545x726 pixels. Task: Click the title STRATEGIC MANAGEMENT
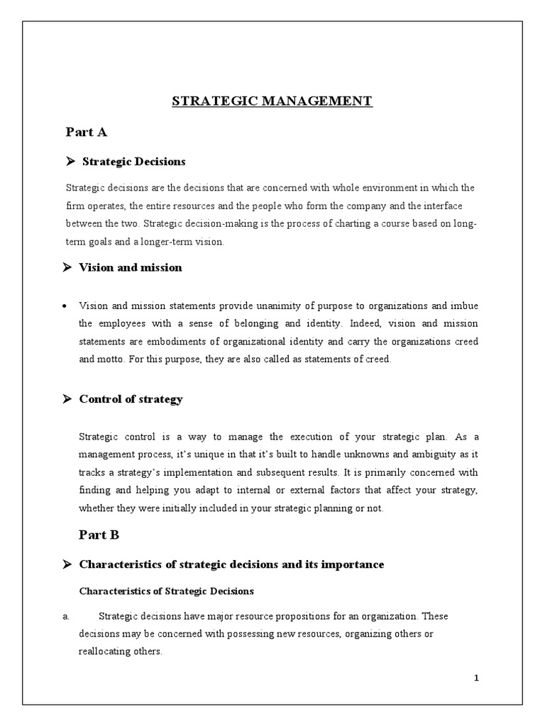tap(272, 101)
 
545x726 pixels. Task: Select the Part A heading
tap(87, 132)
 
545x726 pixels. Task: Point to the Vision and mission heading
tap(131, 267)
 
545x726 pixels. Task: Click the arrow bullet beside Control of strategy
tap(67, 399)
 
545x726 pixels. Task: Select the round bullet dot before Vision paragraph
tap(65, 306)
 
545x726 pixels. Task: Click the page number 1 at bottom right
tap(477, 678)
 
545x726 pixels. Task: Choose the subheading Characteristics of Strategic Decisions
tap(166, 591)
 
